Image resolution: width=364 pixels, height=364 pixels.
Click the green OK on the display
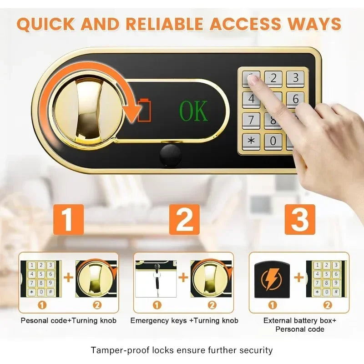[x=194, y=111]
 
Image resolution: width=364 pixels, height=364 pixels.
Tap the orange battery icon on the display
[x=144, y=110]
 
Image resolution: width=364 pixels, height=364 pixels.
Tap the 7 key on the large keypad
[x=251, y=121]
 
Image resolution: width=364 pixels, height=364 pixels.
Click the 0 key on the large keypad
[x=273, y=141]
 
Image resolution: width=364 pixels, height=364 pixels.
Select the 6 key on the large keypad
[x=295, y=99]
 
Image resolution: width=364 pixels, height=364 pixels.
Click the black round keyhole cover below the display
[x=171, y=155]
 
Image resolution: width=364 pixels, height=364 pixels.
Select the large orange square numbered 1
[x=69, y=219]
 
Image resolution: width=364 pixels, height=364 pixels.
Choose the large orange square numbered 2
[x=184, y=219]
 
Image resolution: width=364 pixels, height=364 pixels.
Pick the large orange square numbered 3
[x=300, y=219]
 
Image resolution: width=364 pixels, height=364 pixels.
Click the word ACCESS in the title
[x=245, y=24]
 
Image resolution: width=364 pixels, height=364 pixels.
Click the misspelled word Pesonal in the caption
[x=35, y=321]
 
